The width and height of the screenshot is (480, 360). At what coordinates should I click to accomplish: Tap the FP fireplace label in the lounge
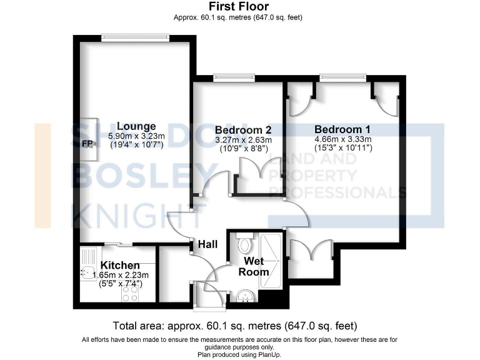pyautogui.click(x=87, y=143)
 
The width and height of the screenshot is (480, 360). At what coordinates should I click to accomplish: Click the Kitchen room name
pyautogui.click(x=121, y=266)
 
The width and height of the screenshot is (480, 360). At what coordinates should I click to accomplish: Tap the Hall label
pyautogui.click(x=208, y=244)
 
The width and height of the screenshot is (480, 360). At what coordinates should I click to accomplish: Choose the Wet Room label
pyautogui.click(x=256, y=266)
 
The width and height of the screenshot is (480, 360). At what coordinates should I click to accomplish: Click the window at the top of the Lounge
pyautogui.click(x=136, y=38)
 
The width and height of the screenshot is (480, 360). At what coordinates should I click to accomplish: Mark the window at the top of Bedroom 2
pyautogui.click(x=234, y=77)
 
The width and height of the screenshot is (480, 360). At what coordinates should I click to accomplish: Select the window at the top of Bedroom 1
pyautogui.click(x=342, y=77)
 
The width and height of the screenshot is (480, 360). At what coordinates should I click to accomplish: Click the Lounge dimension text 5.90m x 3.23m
pyautogui.click(x=136, y=136)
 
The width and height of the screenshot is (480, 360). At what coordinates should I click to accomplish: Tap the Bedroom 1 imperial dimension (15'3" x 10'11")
pyautogui.click(x=343, y=148)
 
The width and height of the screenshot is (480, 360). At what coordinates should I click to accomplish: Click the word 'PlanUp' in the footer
pyautogui.click(x=267, y=354)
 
